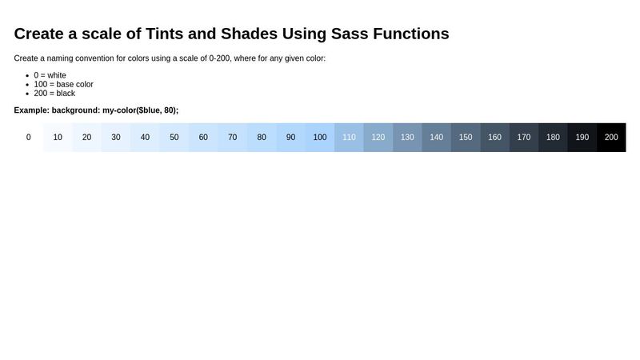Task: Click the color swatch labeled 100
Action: click(320, 137)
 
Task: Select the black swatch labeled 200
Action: click(611, 137)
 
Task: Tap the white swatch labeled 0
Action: click(29, 137)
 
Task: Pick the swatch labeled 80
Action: click(262, 137)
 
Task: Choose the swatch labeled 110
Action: click(349, 137)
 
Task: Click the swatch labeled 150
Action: click(466, 137)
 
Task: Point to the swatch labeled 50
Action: click(174, 137)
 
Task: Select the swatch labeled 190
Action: click(582, 137)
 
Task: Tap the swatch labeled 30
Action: click(116, 137)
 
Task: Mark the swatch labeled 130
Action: click(407, 137)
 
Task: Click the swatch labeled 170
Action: click(523, 137)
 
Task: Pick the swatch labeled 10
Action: click(58, 137)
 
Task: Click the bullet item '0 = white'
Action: click(50, 75)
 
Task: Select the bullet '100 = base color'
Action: click(63, 84)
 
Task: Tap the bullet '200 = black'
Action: click(54, 93)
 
